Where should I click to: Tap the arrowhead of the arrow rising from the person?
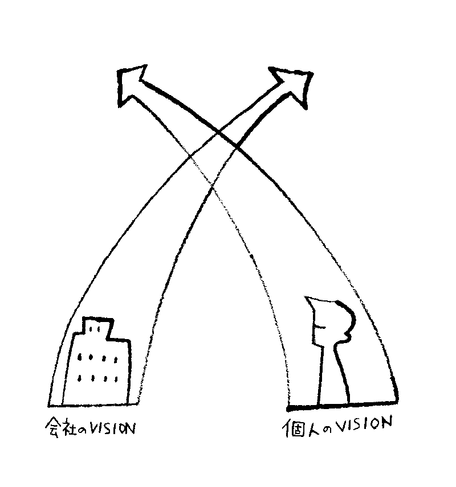point(131,84)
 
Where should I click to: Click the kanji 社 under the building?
point(69,427)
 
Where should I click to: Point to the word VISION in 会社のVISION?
point(112,429)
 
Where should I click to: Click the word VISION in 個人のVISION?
point(365,424)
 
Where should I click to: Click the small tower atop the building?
point(97,326)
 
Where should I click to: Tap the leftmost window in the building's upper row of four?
point(79,357)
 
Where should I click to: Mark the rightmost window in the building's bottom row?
point(116,379)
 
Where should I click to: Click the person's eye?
point(320,326)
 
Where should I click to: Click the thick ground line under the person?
point(342,405)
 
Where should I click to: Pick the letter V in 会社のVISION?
point(93,428)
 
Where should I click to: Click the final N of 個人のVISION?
point(386,423)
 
